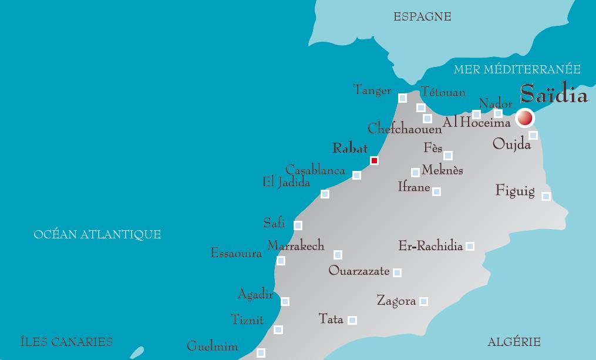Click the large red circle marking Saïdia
coord(524,118)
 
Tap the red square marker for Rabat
coord(374,160)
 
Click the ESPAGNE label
coord(422,17)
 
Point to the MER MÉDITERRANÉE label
coord(517,70)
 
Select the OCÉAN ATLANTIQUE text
coord(97,235)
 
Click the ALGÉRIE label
coord(514,342)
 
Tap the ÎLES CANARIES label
coord(66,342)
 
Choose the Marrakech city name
coord(296,246)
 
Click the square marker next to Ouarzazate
coord(397,272)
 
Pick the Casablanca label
coord(315,171)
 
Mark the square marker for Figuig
coord(546,196)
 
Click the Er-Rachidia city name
coord(430,246)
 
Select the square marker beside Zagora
coord(423,301)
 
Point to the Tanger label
coord(372,90)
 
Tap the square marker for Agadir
coord(285,301)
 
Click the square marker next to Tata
coord(352,320)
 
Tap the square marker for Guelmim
coord(261,353)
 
